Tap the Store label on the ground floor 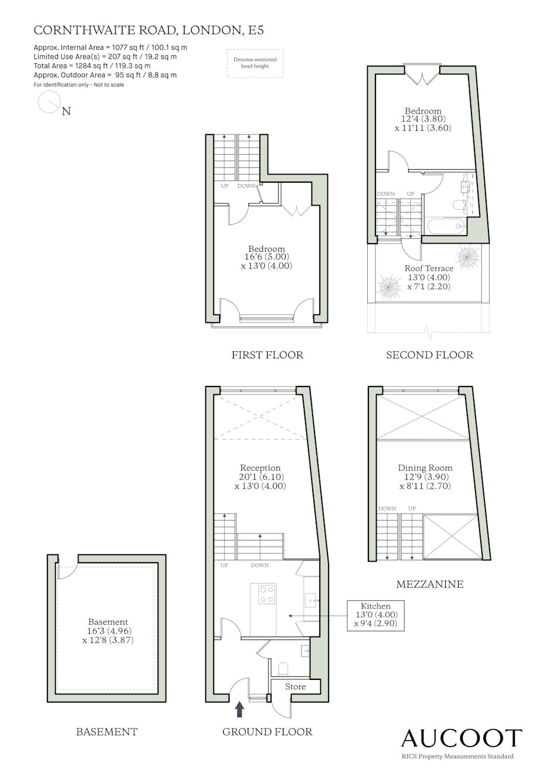pos(295,687)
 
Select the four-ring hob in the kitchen pos(267,594)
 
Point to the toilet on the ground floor pos(283,668)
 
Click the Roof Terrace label pos(429,268)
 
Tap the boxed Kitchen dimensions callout pos(375,615)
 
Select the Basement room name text pos(108,622)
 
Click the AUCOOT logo pos(461,738)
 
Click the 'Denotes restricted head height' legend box pos(255,63)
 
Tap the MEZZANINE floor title pos(430,584)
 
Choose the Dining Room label pos(425,468)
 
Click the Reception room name pos(260,468)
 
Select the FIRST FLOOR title pos(268,355)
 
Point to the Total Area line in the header pos(92,66)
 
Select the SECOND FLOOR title pos(430,355)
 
